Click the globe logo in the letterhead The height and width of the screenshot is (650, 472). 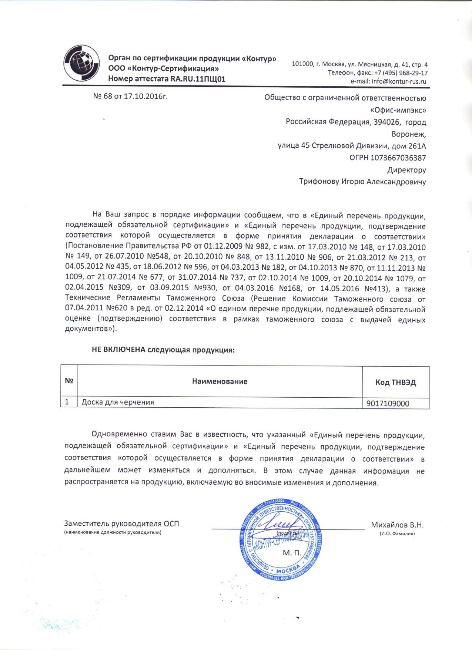(x=81, y=63)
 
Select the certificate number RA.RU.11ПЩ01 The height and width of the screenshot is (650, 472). (x=198, y=79)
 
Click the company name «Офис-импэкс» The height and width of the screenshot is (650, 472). (x=398, y=110)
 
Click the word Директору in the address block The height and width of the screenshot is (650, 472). (x=406, y=170)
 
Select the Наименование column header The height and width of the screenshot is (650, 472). (x=220, y=381)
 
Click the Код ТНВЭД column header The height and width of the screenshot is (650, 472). (x=395, y=383)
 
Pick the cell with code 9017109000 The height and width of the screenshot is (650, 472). (x=388, y=404)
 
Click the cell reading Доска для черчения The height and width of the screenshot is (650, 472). (x=118, y=403)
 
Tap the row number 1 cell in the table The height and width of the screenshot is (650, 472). (x=67, y=402)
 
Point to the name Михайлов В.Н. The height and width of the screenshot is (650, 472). (x=397, y=525)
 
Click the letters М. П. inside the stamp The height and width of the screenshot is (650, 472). (x=292, y=553)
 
